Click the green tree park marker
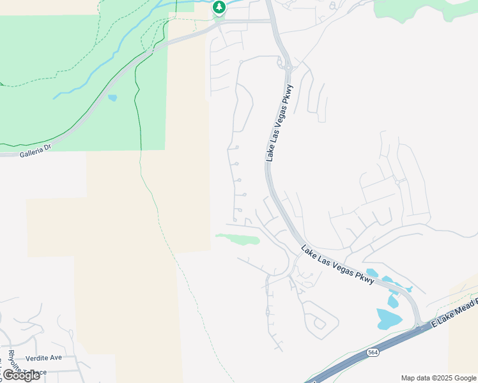[219, 8]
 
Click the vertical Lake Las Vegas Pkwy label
[279, 122]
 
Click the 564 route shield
[373, 352]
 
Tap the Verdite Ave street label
[44, 357]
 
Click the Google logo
[20, 375]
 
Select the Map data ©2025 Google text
[438, 378]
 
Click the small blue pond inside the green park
[113, 98]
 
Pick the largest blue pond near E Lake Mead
[389, 318]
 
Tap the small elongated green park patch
[238, 239]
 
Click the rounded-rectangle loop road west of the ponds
[318, 319]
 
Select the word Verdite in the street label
[37, 357]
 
